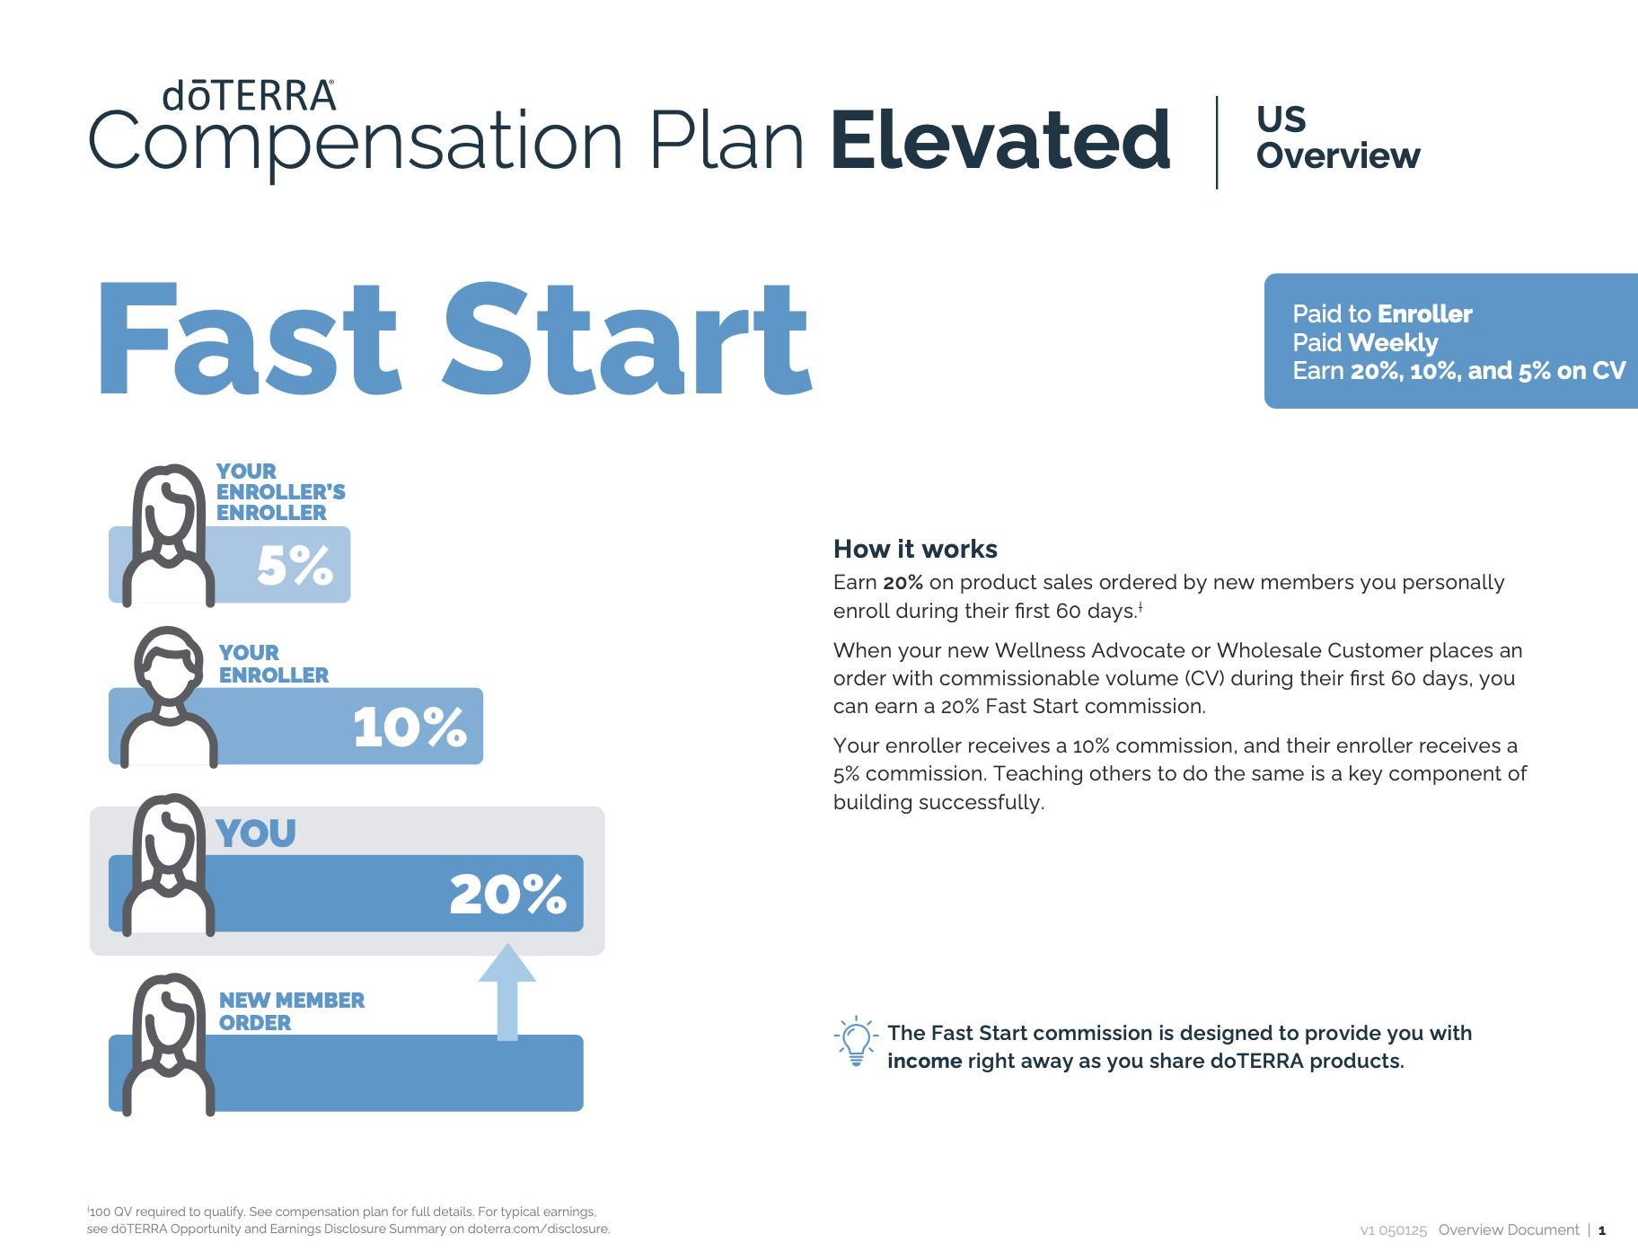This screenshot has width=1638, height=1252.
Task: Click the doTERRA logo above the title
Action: click(x=249, y=96)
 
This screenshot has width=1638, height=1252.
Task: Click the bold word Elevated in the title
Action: click(x=1000, y=141)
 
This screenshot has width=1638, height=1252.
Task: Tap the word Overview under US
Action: click(x=1337, y=156)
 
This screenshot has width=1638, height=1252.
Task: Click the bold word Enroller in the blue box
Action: click(x=1424, y=314)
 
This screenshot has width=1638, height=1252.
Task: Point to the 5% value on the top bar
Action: click(x=295, y=566)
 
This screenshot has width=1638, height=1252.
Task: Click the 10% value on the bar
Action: click(x=409, y=727)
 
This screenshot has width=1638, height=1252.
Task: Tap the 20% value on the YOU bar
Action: click(x=507, y=895)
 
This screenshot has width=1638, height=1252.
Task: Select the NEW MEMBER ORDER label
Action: click(x=291, y=1011)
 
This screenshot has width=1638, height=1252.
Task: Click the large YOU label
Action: click(x=256, y=833)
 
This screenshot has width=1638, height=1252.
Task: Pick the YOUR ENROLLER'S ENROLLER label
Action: click(x=279, y=492)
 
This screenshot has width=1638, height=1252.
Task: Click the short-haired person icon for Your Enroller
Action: click(x=169, y=696)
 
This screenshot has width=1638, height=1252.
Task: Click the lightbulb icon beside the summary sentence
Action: click(x=856, y=1042)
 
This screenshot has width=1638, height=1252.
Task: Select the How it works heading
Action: click(x=914, y=549)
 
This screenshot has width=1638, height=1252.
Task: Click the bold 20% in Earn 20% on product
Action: click(x=903, y=583)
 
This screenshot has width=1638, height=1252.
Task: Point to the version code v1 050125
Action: click(x=1393, y=1230)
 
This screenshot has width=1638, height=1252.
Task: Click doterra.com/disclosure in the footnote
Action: click(x=538, y=1229)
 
